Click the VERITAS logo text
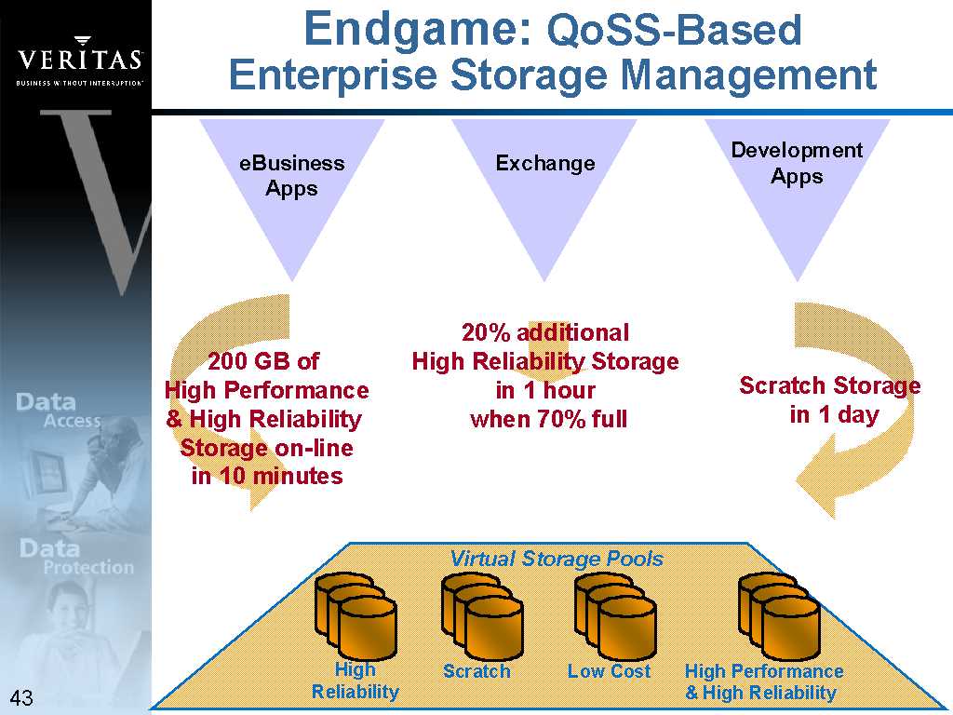80,60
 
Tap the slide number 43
21,697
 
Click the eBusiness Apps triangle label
291,176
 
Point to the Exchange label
545,163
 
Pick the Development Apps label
797,163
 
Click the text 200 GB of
263,361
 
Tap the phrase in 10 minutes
267,476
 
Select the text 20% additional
545,332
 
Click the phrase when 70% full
548,419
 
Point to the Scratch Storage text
829,385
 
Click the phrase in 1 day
835,414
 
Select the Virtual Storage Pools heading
557,559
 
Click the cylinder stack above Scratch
482,616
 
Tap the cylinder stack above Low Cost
615,616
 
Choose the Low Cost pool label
609,671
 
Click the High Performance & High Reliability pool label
763,681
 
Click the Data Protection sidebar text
76,557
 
